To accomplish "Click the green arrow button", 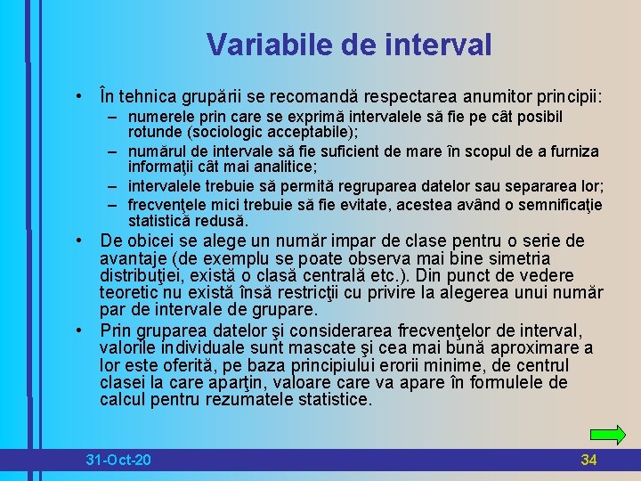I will [x=608, y=436].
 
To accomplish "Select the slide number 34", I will [x=588, y=460].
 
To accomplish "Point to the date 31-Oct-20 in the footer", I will [x=118, y=460].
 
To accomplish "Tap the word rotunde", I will [x=155, y=133].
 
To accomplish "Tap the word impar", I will [x=353, y=241].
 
